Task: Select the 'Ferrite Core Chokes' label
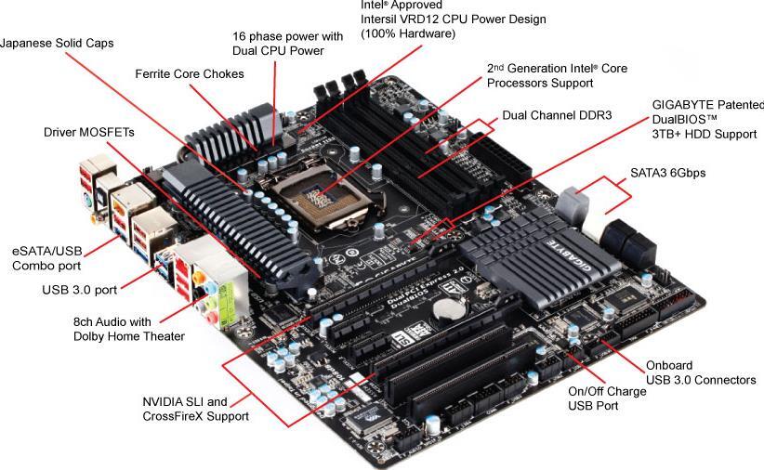(x=190, y=73)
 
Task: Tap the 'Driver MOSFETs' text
(x=89, y=133)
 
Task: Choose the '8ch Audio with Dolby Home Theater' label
(x=128, y=329)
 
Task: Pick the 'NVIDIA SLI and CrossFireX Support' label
(x=195, y=409)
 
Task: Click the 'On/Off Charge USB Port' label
(x=607, y=398)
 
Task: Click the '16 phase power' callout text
(x=287, y=36)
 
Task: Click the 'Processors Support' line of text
(x=540, y=83)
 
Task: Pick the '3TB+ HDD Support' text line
(x=704, y=134)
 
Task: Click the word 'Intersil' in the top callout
(x=384, y=19)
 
